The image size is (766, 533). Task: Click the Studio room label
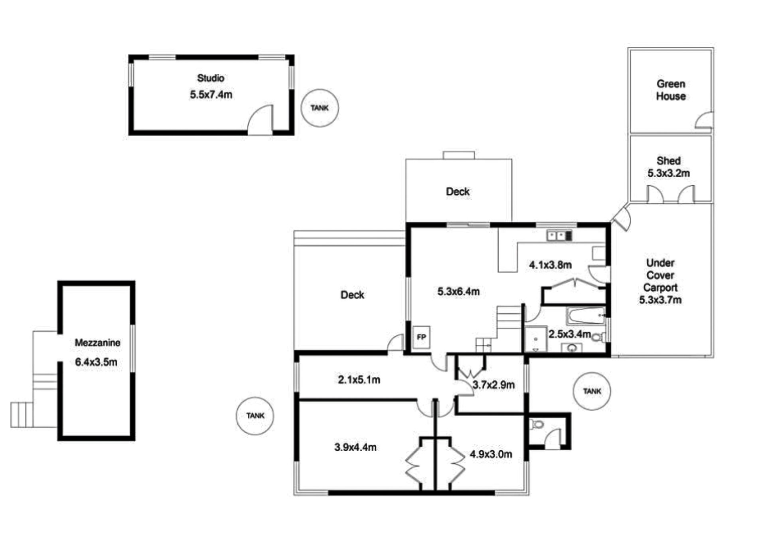click(211, 78)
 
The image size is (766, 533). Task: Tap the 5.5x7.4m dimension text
click(211, 95)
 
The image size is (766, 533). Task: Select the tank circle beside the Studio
click(320, 108)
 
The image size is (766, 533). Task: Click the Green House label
click(671, 90)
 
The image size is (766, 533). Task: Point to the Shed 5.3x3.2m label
click(669, 167)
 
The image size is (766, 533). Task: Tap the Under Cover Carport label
click(660, 275)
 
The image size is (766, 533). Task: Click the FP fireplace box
click(421, 337)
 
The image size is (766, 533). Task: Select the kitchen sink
click(559, 236)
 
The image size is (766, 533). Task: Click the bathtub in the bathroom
click(586, 316)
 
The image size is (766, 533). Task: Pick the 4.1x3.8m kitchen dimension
click(550, 265)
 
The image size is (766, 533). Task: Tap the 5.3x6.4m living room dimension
click(458, 292)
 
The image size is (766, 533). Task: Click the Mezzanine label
click(97, 343)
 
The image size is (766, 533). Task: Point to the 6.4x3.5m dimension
click(96, 362)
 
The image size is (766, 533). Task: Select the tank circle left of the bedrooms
click(255, 416)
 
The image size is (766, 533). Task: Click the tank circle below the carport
click(592, 391)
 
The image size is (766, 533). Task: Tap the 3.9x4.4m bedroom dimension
click(355, 447)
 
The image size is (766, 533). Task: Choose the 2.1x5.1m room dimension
click(359, 380)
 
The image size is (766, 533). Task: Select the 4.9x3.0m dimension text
click(491, 454)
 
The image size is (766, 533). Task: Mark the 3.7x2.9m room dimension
click(494, 385)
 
